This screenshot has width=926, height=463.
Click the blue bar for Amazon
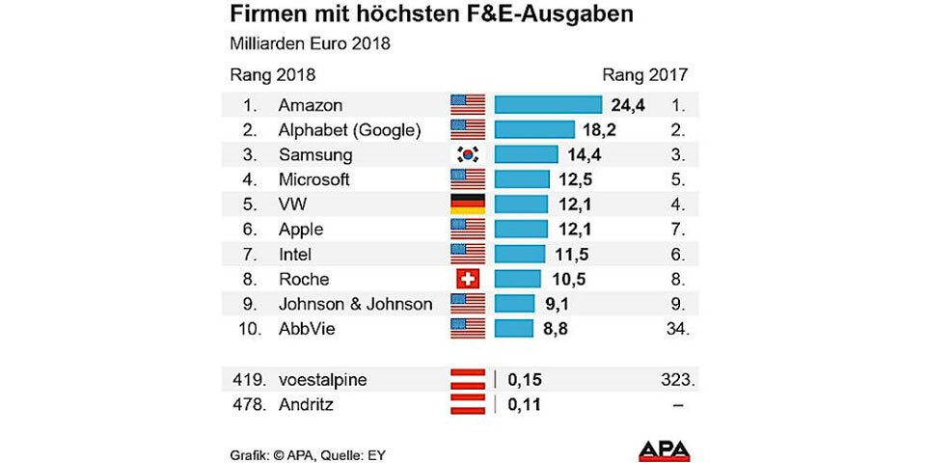pos(548,104)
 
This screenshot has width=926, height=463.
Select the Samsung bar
pos(526,154)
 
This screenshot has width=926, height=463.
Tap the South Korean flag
pos(468,154)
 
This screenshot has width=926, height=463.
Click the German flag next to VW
pos(468,204)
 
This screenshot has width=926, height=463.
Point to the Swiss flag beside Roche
pos(468,280)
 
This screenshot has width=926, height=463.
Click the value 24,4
pos(627,104)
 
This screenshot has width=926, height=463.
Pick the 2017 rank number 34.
pos(675,329)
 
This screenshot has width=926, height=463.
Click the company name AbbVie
pos(306,329)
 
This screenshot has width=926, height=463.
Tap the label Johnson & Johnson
pos(355,304)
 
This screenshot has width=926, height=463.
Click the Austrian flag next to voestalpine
pos(468,379)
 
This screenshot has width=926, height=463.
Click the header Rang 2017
pos(644,74)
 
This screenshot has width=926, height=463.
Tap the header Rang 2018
pos(273,74)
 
